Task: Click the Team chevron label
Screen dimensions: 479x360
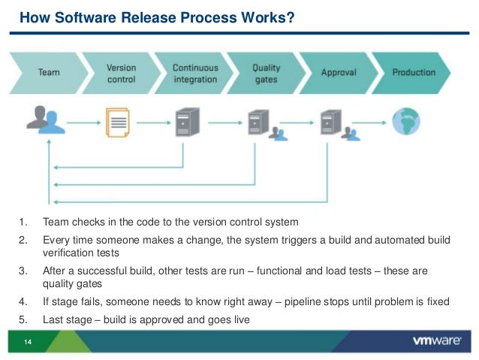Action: coord(49,72)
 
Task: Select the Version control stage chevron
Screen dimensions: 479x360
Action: coord(122,73)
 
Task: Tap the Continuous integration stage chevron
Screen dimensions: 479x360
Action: coord(194,73)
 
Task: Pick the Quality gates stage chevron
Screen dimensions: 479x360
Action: coord(266,73)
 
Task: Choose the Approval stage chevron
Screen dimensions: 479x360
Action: coord(339,73)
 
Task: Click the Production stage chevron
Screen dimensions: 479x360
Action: coord(411,73)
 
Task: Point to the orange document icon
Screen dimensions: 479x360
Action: coord(118,123)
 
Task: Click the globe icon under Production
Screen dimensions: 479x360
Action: coord(406,122)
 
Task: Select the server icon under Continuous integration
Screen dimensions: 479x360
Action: coord(187,122)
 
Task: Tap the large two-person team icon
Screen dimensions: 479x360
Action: coord(46,120)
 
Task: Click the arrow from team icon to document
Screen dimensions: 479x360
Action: coord(83,123)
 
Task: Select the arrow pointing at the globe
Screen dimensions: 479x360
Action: coord(369,123)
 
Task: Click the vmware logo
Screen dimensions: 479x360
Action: coord(437,340)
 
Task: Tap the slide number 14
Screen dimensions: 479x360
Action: coord(28,342)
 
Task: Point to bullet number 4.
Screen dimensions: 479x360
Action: coord(23,301)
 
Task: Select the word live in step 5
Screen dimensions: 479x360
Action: coord(242,319)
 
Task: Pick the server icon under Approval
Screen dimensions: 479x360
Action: coord(331,122)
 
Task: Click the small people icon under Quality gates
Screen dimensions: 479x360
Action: coord(278,134)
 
